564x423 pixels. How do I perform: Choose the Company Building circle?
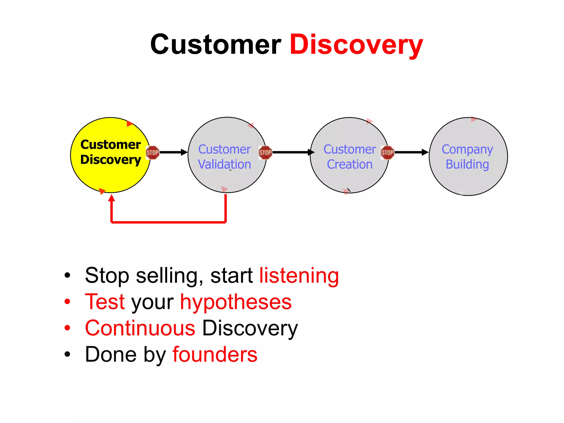468,179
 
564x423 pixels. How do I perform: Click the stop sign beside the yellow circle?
153,153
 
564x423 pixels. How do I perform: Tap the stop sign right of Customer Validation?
265,153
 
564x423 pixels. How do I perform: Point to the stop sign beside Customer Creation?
387,153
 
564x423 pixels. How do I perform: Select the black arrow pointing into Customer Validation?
173,152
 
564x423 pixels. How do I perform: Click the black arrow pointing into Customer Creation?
293,152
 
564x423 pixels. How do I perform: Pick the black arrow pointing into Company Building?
411,152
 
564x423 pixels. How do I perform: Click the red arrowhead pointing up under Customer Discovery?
112,198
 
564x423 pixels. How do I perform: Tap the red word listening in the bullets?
299,275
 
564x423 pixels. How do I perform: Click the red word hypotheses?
236,302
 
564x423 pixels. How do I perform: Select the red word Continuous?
140,328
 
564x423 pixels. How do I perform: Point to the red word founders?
215,354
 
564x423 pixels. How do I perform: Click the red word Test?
105,302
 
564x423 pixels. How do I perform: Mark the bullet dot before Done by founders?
67,354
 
